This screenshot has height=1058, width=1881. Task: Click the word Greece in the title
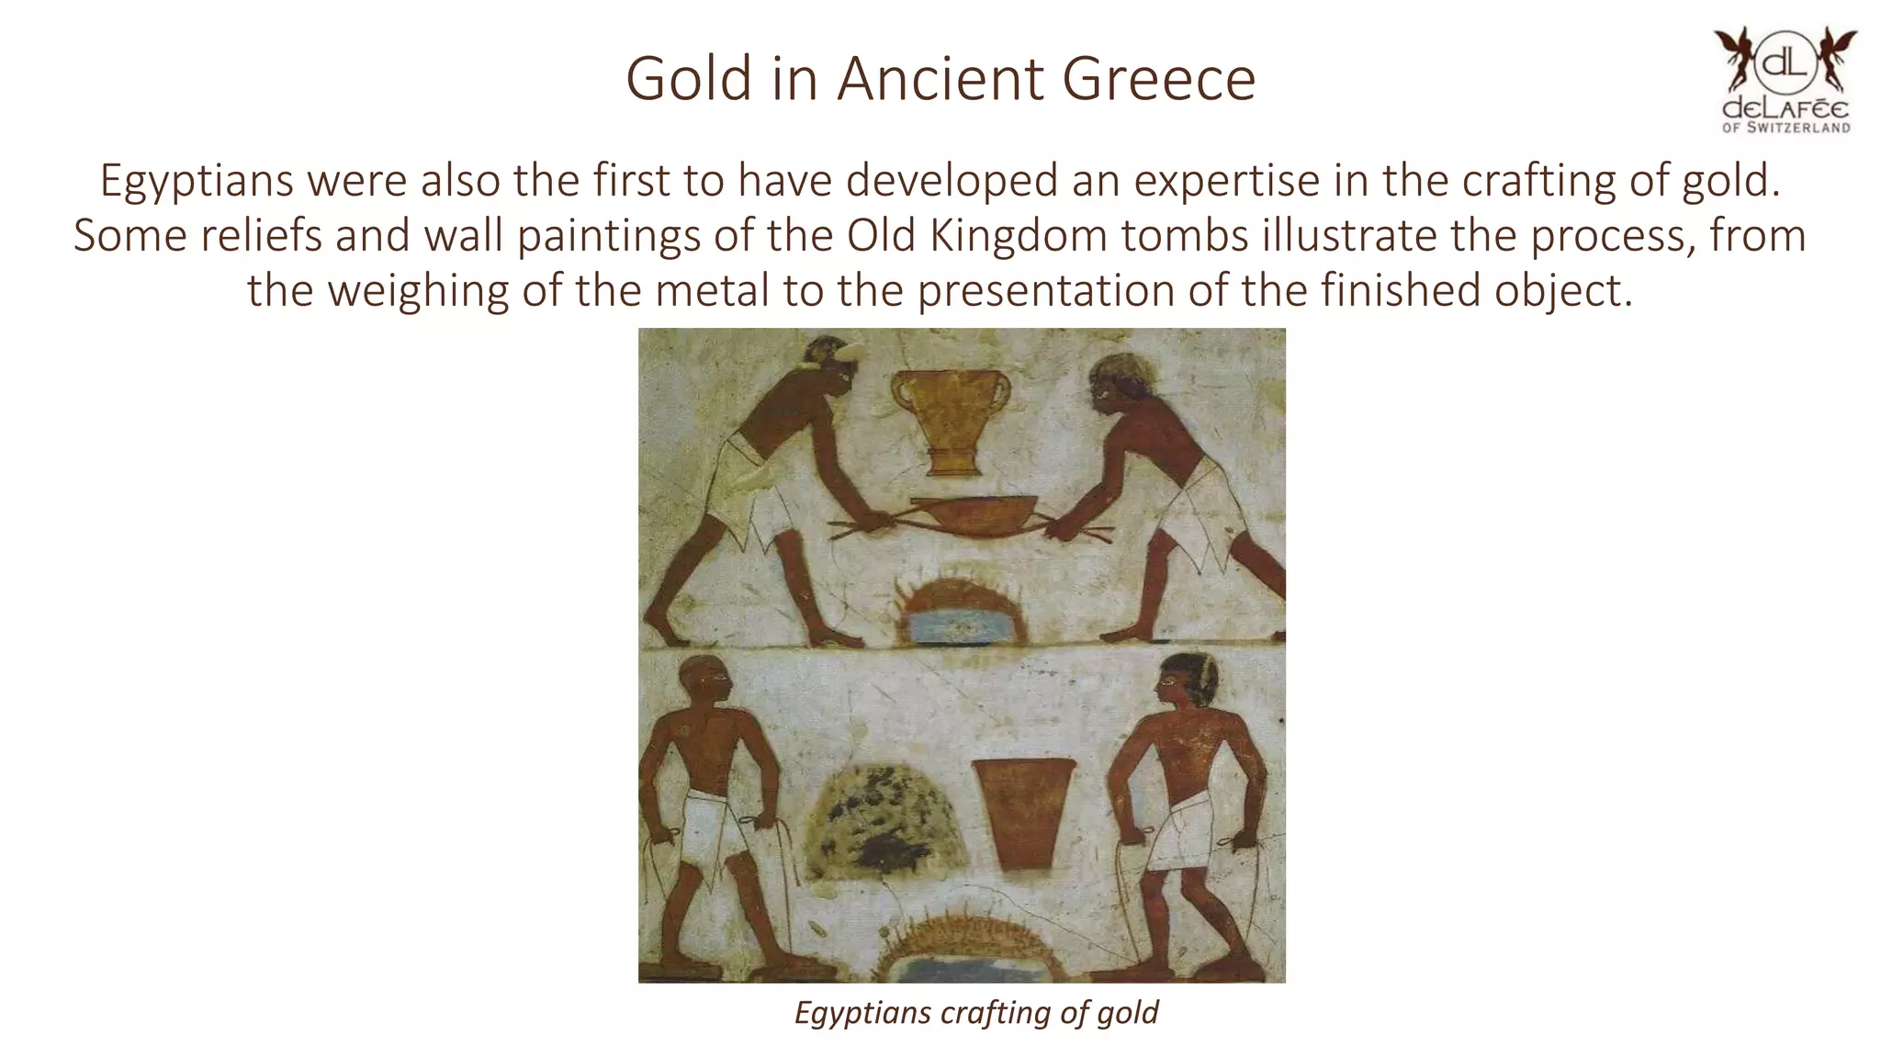[x=1158, y=79]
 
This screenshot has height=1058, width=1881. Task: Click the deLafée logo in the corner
[x=1785, y=81]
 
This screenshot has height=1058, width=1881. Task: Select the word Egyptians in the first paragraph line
[x=197, y=180]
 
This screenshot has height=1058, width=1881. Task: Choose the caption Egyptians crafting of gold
[x=975, y=1012]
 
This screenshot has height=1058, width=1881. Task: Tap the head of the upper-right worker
[x=1118, y=383]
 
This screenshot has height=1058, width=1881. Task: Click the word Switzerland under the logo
[x=1798, y=128]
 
